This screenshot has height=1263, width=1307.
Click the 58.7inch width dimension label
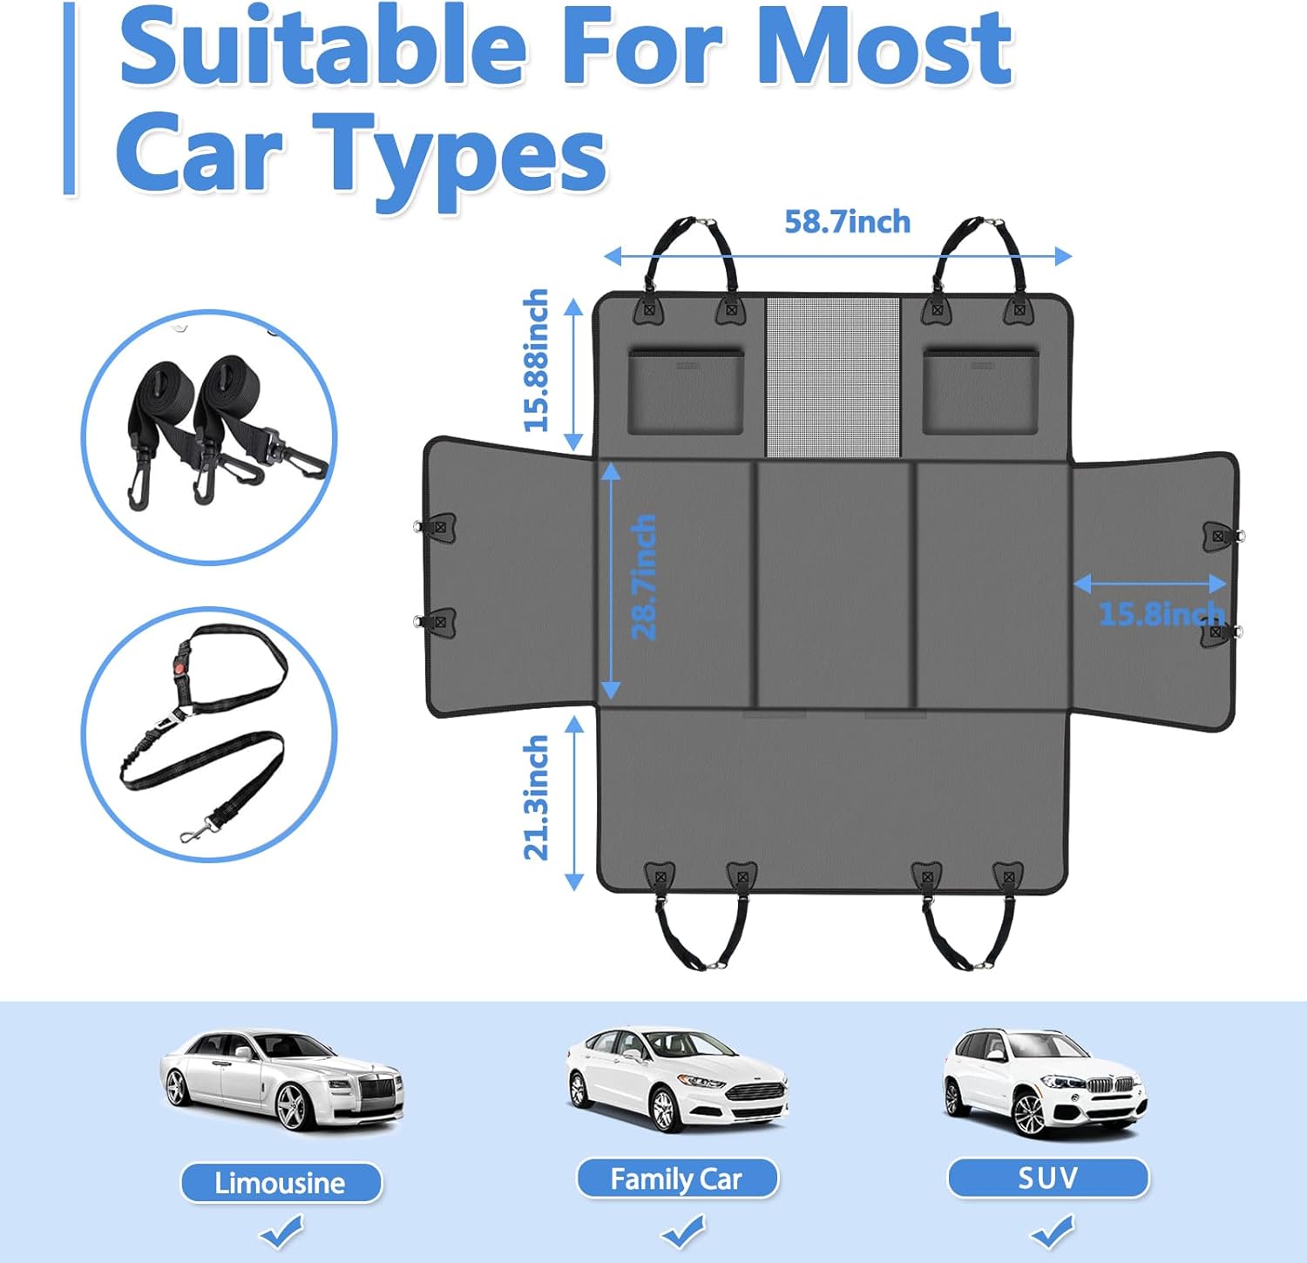(x=847, y=222)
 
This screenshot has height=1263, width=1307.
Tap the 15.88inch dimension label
(x=537, y=361)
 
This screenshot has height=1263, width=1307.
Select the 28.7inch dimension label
(x=644, y=577)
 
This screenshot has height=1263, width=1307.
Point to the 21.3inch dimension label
(x=537, y=798)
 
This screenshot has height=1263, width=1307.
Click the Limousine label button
(x=281, y=1183)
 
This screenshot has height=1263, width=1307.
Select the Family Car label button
(x=676, y=1179)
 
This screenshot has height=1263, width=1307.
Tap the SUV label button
(x=1048, y=1179)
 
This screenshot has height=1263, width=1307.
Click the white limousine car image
(x=281, y=1080)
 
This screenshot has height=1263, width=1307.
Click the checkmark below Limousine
(x=281, y=1233)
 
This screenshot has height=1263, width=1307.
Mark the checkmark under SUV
(x=1052, y=1232)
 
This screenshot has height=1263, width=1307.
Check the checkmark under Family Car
(x=682, y=1232)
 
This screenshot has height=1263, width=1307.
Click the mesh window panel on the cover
(x=833, y=376)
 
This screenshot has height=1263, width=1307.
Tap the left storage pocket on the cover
(x=686, y=391)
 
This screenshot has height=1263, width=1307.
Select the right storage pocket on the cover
(x=981, y=391)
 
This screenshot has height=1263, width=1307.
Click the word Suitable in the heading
(x=322, y=48)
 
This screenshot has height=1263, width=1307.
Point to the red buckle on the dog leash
(x=181, y=664)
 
